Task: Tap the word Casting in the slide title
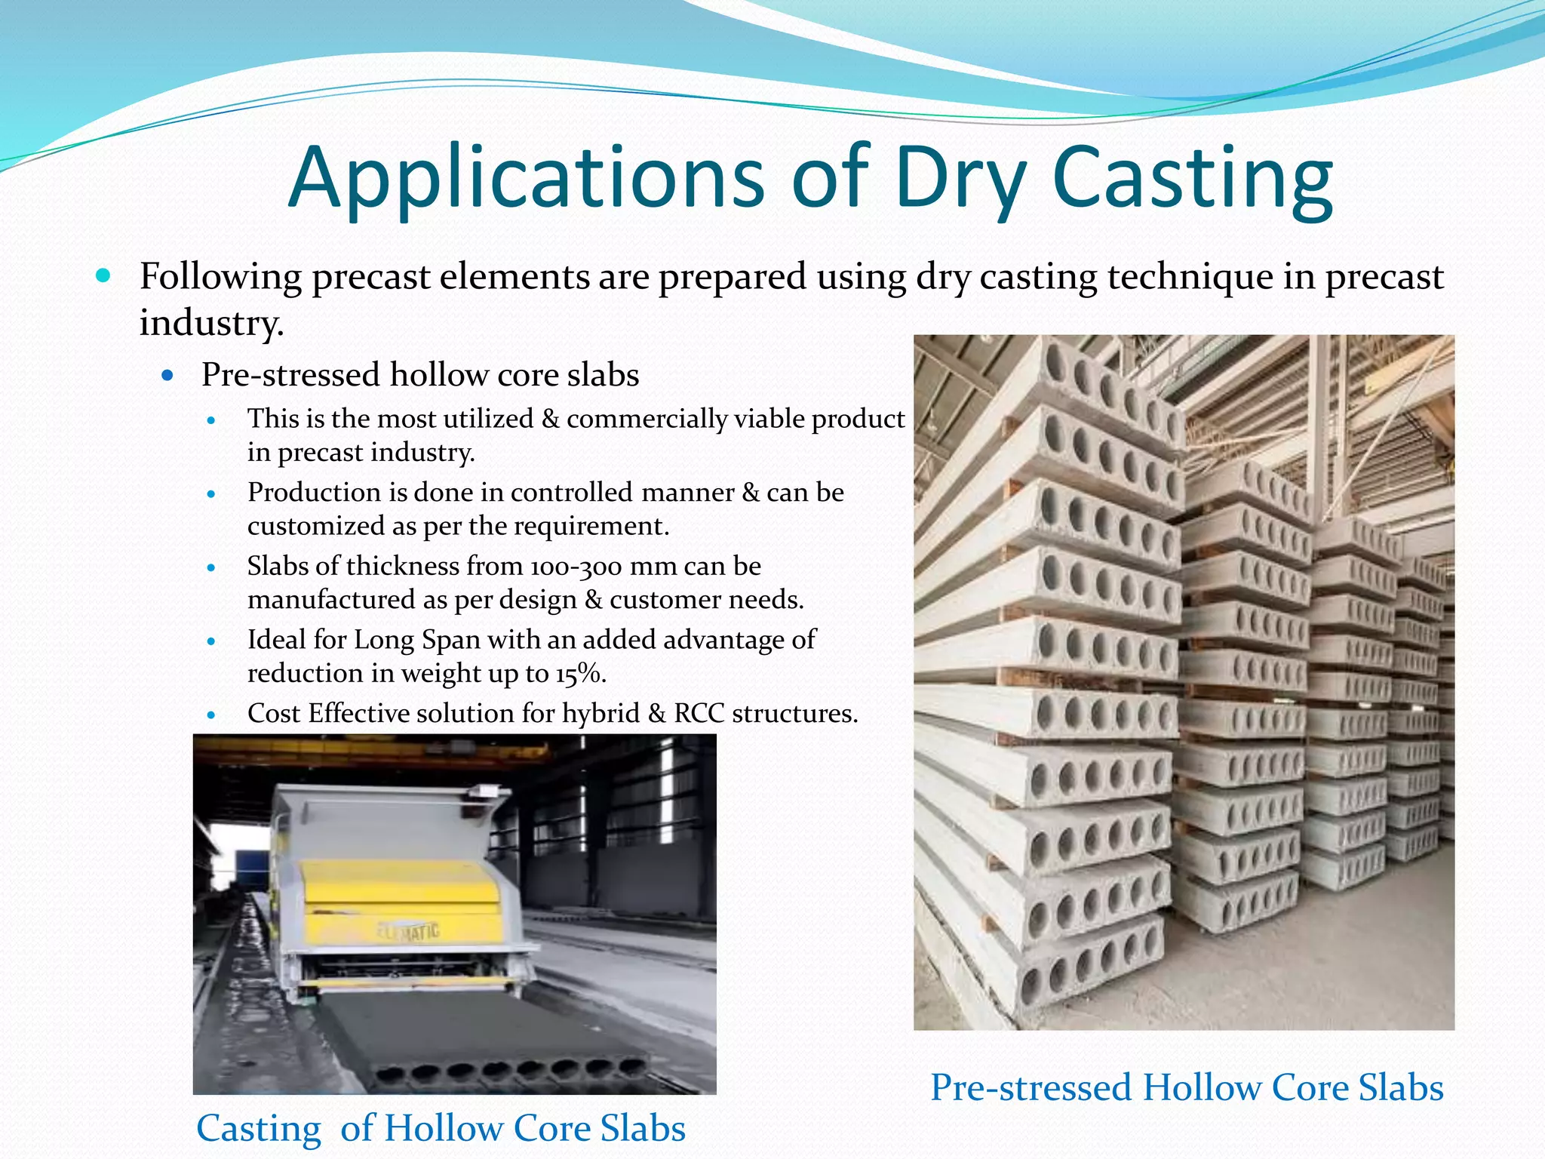(1192, 180)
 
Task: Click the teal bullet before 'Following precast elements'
(103, 275)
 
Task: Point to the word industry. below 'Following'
(211, 323)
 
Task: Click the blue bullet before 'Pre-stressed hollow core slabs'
(168, 375)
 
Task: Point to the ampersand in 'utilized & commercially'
(550, 419)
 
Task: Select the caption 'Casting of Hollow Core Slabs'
(441, 1128)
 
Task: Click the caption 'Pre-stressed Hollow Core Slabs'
(1187, 1087)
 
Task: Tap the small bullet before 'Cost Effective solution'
(211, 714)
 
